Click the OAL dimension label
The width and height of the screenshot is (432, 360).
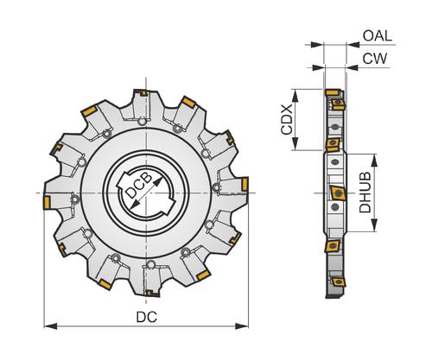tap(378, 36)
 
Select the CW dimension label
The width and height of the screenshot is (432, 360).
tap(375, 59)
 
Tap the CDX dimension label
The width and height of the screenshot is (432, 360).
tap(287, 119)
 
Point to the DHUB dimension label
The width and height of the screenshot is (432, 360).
tap(365, 193)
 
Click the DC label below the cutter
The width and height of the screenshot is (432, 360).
tap(147, 317)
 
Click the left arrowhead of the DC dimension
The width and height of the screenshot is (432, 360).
tap(50, 326)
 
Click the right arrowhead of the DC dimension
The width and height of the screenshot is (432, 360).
tap(242, 326)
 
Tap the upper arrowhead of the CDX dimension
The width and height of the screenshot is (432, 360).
tap(295, 96)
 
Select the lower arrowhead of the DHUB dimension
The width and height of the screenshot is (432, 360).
tap(374, 224)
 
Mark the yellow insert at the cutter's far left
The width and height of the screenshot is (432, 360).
tap(47, 203)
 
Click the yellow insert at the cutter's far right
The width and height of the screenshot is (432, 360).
tap(245, 184)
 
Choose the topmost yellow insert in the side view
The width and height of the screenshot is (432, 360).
tap(333, 92)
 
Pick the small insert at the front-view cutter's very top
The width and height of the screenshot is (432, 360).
tap(143, 93)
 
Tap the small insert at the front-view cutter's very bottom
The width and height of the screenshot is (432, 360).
tap(149, 294)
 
